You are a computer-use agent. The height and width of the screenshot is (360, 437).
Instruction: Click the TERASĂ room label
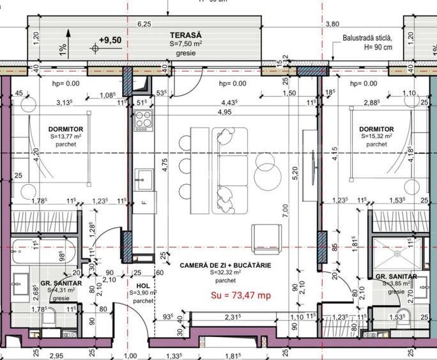point(186,35)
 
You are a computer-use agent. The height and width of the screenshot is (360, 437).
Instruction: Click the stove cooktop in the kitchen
point(142,120)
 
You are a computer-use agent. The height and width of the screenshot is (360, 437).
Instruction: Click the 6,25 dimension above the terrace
point(144,24)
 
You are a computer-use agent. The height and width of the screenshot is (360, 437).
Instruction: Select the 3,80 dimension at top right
point(332,24)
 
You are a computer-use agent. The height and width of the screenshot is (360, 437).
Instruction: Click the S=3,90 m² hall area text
point(144,293)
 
